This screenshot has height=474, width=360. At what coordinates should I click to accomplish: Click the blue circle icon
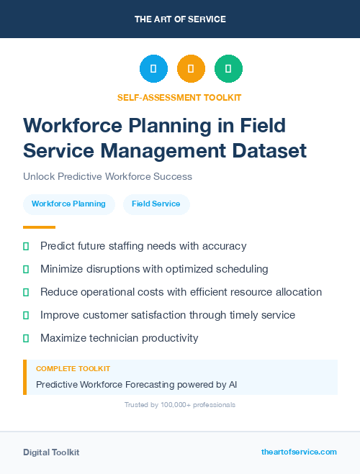coord(153,69)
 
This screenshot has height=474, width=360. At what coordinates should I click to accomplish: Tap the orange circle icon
coord(191,69)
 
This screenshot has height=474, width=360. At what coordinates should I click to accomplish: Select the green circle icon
coord(228,69)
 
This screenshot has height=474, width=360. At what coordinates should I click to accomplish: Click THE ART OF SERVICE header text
coord(180,19)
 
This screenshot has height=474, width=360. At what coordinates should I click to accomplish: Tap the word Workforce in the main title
coord(70,125)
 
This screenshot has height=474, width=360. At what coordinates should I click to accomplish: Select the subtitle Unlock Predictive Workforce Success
coord(107,176)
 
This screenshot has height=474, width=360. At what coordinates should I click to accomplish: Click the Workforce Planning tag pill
coord(68,204)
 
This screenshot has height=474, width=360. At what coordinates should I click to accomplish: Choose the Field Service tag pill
coord(156,204)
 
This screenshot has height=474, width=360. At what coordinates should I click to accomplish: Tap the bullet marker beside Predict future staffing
coord(26,246)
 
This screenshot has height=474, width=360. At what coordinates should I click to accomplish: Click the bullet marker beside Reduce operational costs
coord(26,292)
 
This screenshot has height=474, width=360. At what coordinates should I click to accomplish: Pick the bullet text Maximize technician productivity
coord(119,338)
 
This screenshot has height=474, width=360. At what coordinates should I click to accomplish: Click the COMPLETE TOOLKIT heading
coord(69,368)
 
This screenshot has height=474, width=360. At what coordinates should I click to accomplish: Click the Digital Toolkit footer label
coord(51,452)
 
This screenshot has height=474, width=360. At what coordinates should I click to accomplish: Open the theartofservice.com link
coord(299,452)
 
